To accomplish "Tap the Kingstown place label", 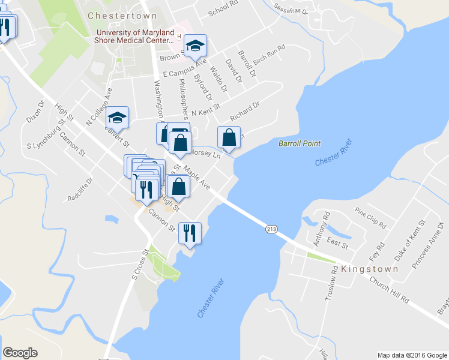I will click(369, 269).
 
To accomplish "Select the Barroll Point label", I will click(300, 143).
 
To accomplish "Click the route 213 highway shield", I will click(271, 229).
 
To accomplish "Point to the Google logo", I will click(20, 353).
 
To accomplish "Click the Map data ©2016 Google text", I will click(412, 355).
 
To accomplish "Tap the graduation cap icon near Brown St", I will click(195, 46).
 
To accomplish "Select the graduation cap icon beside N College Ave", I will click(118, 117).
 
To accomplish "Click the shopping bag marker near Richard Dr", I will click(229, 137).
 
